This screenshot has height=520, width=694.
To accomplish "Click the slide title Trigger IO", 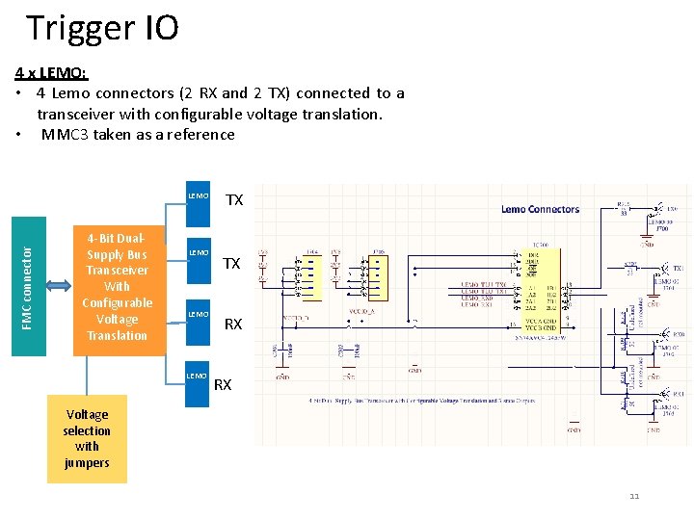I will coord(102,28).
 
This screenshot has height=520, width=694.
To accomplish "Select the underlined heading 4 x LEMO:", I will coord(52,72).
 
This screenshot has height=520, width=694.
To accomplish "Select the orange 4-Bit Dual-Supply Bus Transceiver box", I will coord(117,286).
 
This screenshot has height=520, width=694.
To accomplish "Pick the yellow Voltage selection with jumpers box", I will coord(87,438).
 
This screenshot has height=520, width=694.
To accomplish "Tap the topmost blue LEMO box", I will coord(197,206).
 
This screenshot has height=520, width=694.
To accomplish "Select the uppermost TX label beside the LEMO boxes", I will coord(234,200).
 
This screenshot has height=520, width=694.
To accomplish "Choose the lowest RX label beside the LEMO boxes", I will coord(223,385).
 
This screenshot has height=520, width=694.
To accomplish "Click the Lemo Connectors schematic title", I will coord(540,208).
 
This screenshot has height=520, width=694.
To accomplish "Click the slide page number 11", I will coord(634,497).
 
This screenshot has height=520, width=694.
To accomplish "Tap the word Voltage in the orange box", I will coord(117,319).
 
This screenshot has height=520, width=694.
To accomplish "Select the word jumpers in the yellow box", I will coord(87,462).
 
